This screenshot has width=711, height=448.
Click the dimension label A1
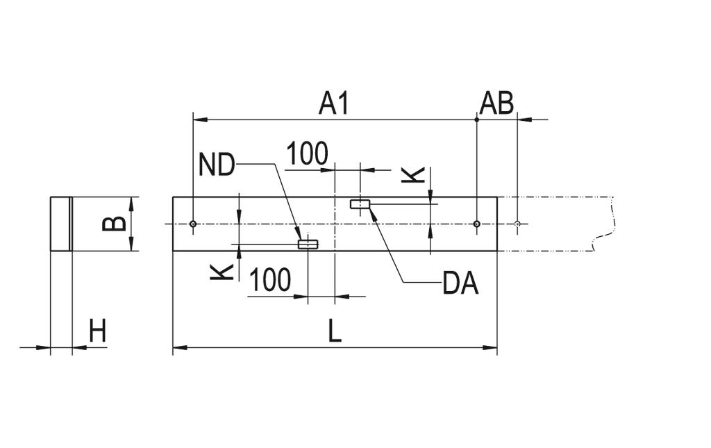(x=334, y=103)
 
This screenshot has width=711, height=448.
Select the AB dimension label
(x=496, y=103)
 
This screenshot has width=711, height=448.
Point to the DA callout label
(x=460, y=284)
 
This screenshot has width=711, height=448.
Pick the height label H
(x=97, y=331)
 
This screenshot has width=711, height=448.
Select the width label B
(x=114, y=224)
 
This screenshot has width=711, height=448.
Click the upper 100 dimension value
(x=307, y=154)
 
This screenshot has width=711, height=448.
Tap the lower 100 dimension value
(x=270, y=280)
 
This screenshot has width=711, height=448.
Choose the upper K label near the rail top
(x=413, y=175)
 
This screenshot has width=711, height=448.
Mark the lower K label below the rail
(x=221, y=272)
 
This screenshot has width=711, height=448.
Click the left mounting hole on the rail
(x=193, y=224)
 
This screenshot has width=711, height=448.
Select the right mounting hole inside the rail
(x=476, y=224)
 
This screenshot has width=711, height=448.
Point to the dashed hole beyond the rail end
(x=517, y=224)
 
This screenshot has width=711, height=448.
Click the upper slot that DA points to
(x=360, y=204)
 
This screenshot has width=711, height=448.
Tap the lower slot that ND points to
(x=308, y=244)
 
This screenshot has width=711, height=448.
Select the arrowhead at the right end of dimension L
(x=490, y=348)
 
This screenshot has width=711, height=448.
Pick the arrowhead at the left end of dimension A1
(x=201, y=119)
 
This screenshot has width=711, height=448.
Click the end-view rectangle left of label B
(x=61, y=224)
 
